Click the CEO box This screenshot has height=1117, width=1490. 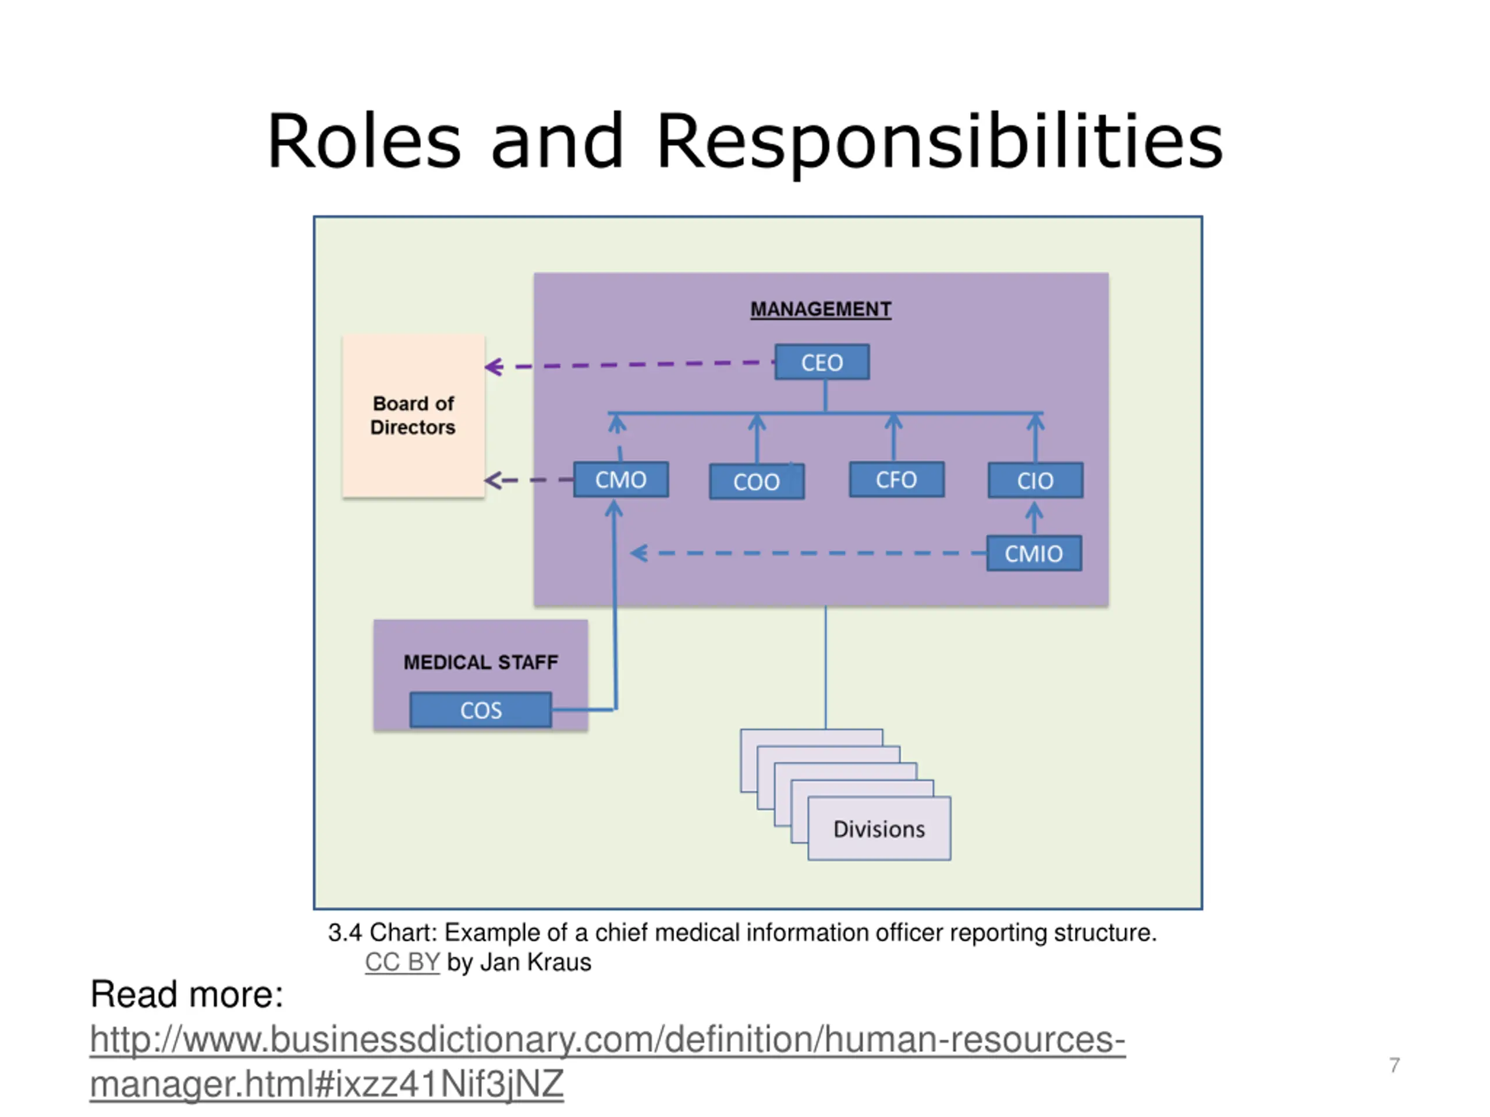click(x=822, y=362)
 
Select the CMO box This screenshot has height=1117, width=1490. click(x=620, y=479)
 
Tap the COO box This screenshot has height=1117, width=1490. click(x=757, y=481)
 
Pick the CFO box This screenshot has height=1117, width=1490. click(x=896, y=479)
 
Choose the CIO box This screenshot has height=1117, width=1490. click(x=1035, y=480)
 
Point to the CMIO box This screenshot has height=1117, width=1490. click(x=1033, y=553)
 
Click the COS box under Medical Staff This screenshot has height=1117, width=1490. click(x=480, y=710)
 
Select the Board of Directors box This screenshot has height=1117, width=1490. click(x=413, y=415)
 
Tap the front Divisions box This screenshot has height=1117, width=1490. click(x=879, y=828)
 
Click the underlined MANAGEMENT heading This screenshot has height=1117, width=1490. click(x=821, y=309)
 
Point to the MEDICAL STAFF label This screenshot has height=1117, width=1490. click(x=480, y=662)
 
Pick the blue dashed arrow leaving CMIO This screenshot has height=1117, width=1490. click(x=808, y=553)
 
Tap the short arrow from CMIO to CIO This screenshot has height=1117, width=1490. click(x=1035, y=518)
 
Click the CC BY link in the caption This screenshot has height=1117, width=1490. click(x=402, y=962)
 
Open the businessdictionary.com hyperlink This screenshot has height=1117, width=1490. click(x=606, y=1040)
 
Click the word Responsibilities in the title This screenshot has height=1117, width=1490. click(x=939, y=141)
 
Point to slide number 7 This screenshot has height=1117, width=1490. click(x=1395, y=1065)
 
